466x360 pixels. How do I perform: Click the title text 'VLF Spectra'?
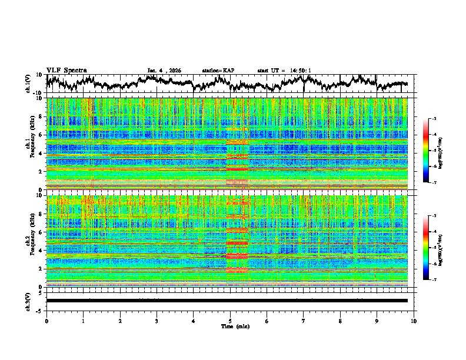(66, 70)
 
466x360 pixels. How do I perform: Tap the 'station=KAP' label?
(218, 71)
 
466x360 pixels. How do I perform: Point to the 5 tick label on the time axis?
(230, 321)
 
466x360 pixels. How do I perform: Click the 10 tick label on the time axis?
(414, 321)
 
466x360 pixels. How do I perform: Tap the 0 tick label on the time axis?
(46, 321)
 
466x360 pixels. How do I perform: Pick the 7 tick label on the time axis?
(304, 321)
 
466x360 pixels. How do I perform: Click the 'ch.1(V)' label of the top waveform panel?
(28, 84)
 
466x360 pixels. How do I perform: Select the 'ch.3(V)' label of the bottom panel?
(28, 300)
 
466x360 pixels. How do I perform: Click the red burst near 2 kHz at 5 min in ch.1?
(238, 169)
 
